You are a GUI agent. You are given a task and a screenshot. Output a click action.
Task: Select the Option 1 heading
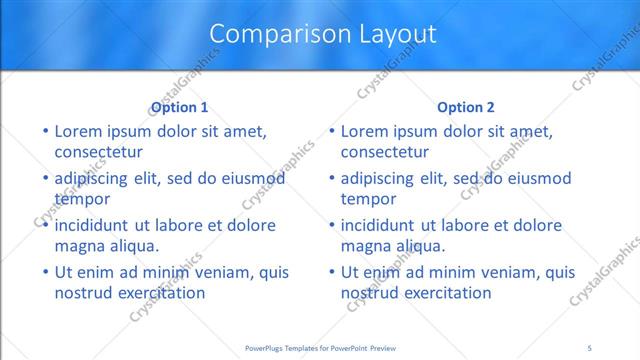click(180, 108)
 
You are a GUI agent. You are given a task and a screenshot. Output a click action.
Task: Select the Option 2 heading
click(466, 108)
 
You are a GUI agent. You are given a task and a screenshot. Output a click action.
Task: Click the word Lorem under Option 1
click(78, 131)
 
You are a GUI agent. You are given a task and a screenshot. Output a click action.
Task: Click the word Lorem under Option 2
click(364, 131)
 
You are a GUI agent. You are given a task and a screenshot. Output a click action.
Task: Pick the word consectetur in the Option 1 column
click(98, 152)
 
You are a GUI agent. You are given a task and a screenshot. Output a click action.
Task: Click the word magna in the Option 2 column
click(365, 246)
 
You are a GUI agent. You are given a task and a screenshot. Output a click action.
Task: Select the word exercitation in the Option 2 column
click(441, 293)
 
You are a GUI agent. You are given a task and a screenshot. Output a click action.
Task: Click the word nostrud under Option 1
click(84, 293)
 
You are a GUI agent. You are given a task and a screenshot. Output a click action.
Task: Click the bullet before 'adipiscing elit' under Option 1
click(45, 178)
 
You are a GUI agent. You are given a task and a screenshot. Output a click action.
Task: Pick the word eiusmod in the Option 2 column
click(538, 178)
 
